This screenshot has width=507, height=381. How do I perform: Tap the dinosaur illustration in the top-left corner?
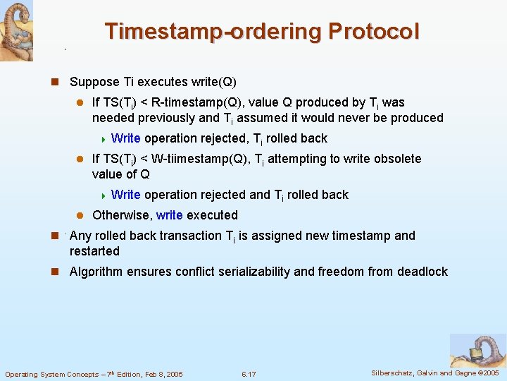(x=16, y=30)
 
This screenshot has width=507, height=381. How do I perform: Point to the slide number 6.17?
(x=249, y=374)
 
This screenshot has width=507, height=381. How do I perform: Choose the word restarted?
(x=94, y=251)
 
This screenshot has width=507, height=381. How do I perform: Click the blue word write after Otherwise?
(x=169, y=215)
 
